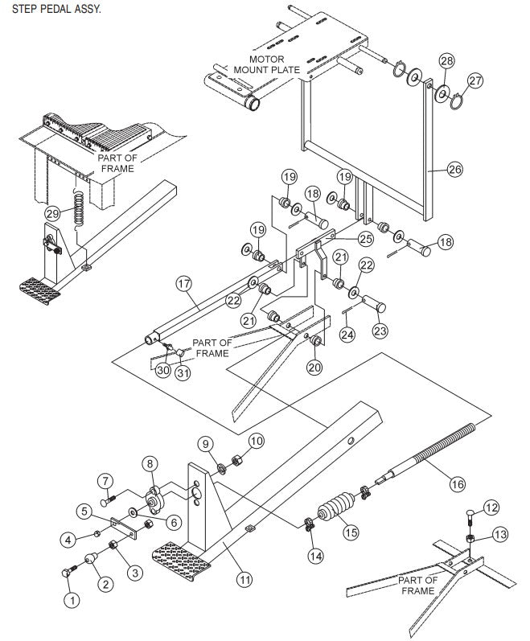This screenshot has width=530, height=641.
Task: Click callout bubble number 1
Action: coord(72,598)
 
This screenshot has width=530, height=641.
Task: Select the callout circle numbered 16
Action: coord(457,483)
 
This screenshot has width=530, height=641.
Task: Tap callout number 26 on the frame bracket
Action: coord(455,170)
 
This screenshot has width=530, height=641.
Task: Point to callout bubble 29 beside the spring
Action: coord(52,213)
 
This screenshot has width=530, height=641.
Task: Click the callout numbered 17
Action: coord(183,283)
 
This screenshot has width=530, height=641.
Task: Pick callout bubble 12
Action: coord(491,507)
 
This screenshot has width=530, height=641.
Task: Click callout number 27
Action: coord(475,80)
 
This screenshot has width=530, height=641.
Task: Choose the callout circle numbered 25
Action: coord(365,238)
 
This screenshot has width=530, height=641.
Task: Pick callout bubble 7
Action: coord(105,481)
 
